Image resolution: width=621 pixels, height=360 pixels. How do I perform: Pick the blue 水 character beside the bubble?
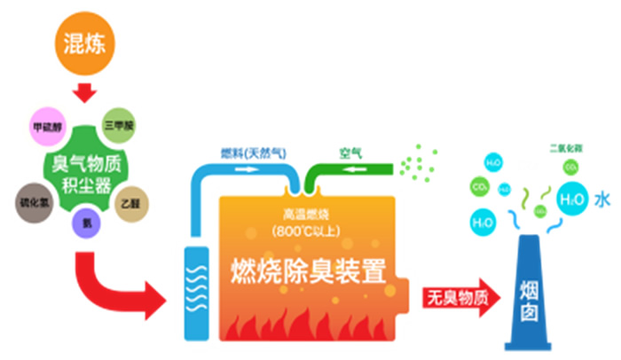point(603,200)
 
